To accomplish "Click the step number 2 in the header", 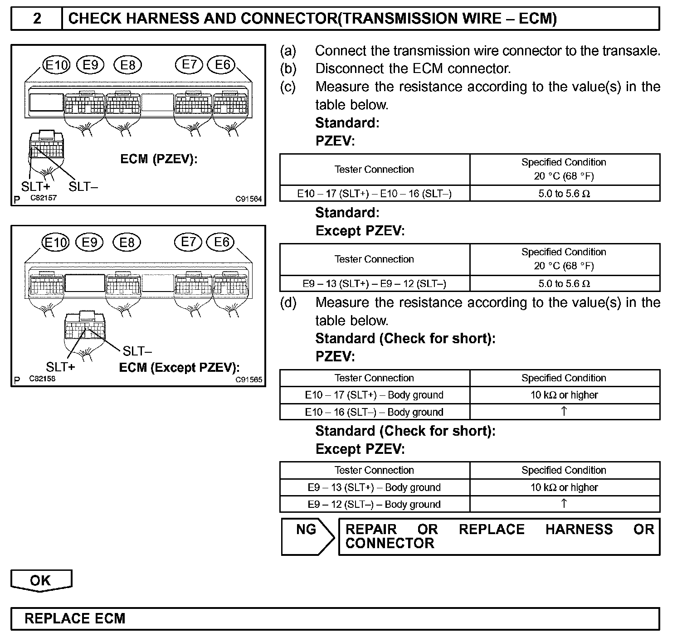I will pos(37,18).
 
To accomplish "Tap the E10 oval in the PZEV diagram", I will pos(56,65).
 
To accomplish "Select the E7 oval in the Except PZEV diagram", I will pos(188,242).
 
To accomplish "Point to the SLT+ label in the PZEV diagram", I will pos(35,186).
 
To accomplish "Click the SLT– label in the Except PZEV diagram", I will pos(137,351).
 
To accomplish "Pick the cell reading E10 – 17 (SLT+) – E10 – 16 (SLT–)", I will pos(375,194).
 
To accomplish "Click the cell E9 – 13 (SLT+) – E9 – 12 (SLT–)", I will pos(375,284).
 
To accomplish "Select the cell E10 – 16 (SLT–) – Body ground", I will pos(375,412).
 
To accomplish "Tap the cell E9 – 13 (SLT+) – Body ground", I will pos(375,487).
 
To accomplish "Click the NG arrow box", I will pos(307,536).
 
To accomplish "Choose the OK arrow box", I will pos(41,581).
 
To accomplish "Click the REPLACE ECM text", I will pos(75,619).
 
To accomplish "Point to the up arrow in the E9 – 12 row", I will pos(564,504).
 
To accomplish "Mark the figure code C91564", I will pos(248,199).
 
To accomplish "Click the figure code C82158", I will pos(42,379).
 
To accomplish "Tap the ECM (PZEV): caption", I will pos(159,159).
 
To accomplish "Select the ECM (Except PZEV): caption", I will pos(179,368).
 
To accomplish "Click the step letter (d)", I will pos(288,302).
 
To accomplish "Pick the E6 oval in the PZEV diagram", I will pos(222,65).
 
